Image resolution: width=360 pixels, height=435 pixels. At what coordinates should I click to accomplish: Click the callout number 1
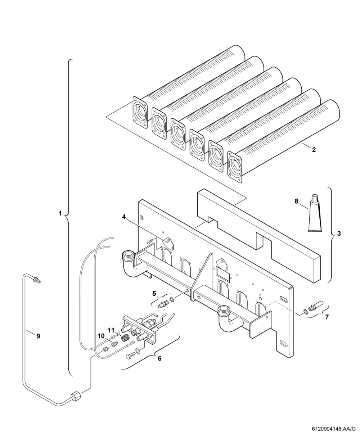pos(60,213)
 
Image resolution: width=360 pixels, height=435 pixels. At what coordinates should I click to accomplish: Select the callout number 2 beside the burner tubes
pos(314,150)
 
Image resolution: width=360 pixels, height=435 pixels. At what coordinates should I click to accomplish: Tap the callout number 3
pos(339,234)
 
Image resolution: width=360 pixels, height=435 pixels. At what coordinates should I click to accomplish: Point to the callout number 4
pos(124,217)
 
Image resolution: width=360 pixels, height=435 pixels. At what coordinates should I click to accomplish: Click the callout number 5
pos(154,294)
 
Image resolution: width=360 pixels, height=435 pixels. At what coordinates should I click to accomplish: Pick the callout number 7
pos(327,317)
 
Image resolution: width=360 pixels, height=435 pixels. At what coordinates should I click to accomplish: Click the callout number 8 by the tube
pos(296,201)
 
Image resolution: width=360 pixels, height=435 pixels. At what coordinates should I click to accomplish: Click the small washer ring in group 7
pos(305,312)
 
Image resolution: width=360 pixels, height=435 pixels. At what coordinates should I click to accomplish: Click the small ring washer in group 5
pos(172,300)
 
